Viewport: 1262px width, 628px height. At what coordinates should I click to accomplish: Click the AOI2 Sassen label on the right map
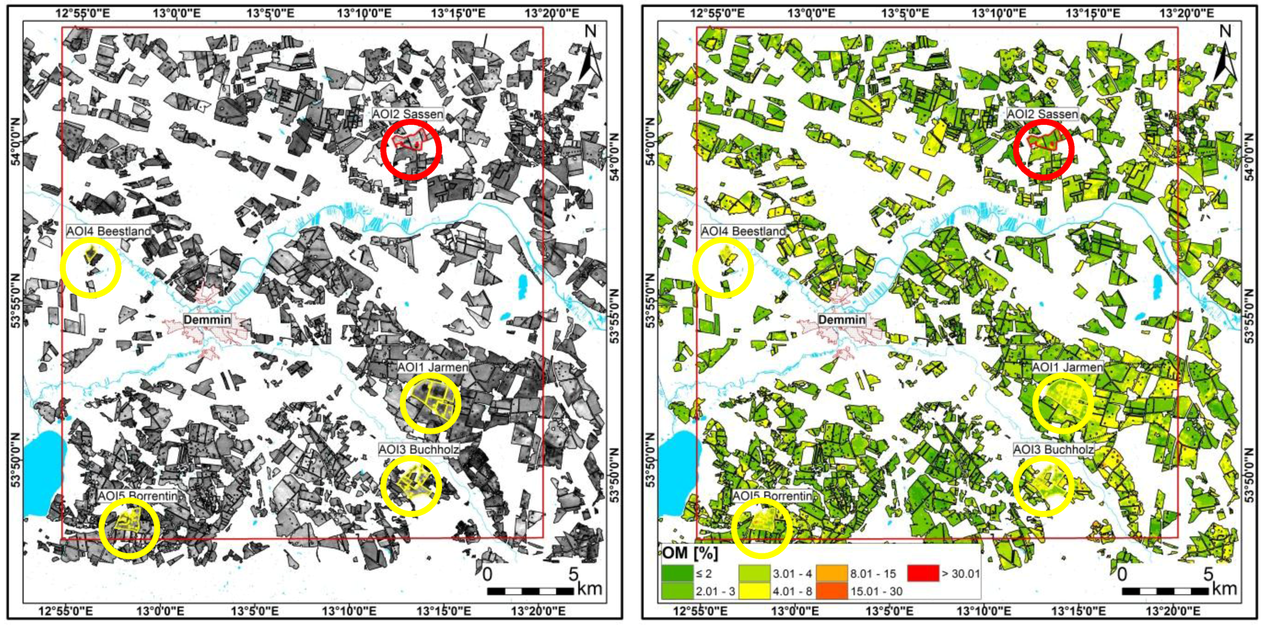[x=1042, y=114]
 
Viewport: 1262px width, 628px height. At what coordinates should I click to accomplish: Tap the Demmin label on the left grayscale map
[x=207, y=320]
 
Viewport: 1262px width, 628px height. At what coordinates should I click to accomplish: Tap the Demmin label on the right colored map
[x=842, y=320]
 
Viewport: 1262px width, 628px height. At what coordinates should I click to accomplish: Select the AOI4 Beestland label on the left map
[x=108, y=231]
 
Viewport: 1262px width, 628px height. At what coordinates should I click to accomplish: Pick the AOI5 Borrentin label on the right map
[x=771, y=496]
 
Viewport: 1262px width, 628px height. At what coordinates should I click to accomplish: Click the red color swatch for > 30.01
[x=922, y=573]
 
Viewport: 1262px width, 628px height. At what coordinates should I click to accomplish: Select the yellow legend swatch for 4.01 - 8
[x=754, y=591]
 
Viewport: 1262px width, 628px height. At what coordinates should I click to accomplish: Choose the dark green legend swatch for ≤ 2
[x=676, y=573]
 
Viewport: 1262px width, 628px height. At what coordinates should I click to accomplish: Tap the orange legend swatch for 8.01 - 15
[x=832, y=573]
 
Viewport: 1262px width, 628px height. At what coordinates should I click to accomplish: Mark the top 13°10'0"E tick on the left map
[x=364, y=13]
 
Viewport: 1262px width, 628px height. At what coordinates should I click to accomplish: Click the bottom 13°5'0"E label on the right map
[x=889, y=611]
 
